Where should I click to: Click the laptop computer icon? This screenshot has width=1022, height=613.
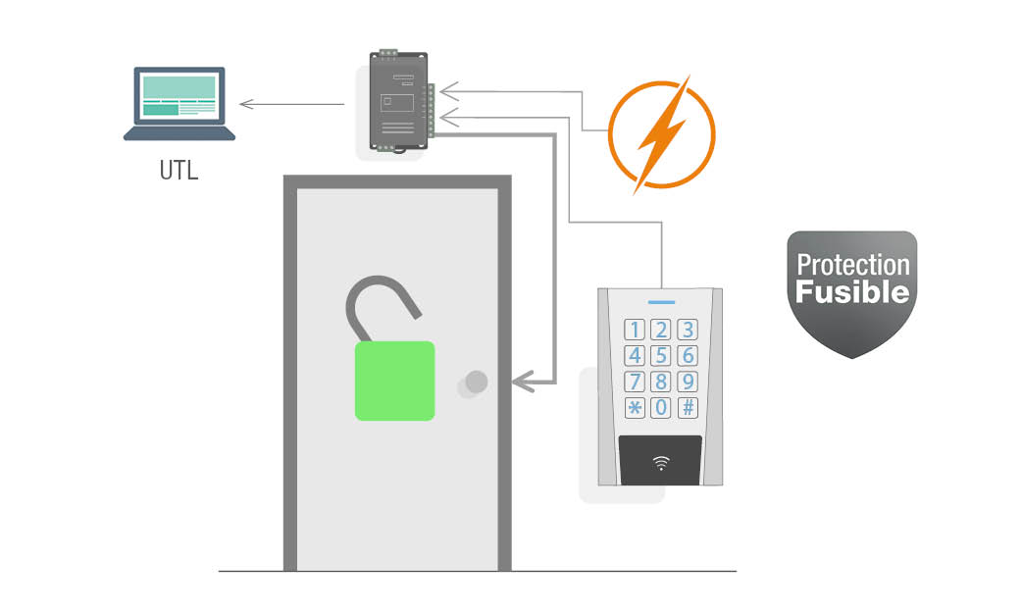point(179,103)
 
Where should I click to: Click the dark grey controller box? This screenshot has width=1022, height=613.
point(397,101)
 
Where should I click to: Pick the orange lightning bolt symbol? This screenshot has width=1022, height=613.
point(662,132)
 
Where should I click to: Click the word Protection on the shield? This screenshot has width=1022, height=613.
point(852,265)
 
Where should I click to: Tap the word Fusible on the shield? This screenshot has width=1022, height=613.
point(852,291)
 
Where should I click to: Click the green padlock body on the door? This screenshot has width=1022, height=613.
point(394,381)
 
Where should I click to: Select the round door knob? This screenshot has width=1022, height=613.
point(476,382)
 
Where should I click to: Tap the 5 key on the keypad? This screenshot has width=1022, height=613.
point(662,355)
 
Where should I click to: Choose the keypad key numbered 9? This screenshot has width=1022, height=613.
point(689,382)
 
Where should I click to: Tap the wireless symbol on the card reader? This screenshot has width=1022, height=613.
point(661,462)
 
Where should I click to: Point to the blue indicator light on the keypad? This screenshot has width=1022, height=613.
point(662,304)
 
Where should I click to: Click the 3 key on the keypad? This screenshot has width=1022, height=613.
point(689,330)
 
